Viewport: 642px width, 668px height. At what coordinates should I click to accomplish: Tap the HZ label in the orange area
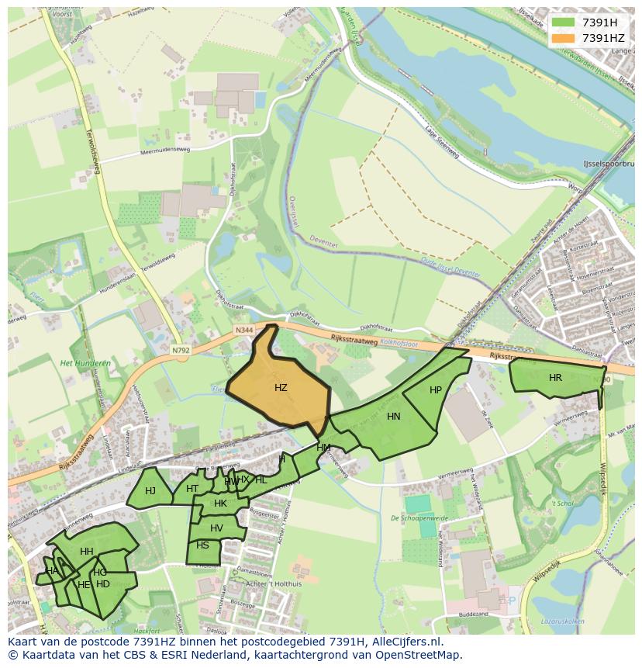point(281,387)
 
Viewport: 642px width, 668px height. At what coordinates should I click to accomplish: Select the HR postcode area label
point(555,378)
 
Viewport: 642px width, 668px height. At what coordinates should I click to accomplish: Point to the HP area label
point(436,390)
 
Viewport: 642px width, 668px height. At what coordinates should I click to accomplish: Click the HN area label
point(394,417)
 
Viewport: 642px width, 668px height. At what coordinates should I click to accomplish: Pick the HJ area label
point(150,490)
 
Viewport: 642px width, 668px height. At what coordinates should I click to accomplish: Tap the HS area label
point(202,545)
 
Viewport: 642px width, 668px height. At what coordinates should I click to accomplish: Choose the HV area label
point(216,528)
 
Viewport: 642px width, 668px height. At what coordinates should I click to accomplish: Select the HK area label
point(220,504)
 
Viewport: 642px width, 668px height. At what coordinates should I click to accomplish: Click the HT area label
point(192,488)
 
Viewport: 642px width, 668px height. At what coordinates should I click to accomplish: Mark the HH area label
point(87,552)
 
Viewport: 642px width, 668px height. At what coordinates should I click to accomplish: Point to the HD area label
point(103,584)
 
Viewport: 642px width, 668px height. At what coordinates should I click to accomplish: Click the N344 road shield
point(244,331)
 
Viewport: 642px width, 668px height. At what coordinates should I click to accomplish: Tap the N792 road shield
point(181,351)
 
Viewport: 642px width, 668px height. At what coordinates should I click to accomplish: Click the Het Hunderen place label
point(85,363)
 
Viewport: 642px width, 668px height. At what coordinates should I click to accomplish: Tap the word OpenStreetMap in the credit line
point(419,656)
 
